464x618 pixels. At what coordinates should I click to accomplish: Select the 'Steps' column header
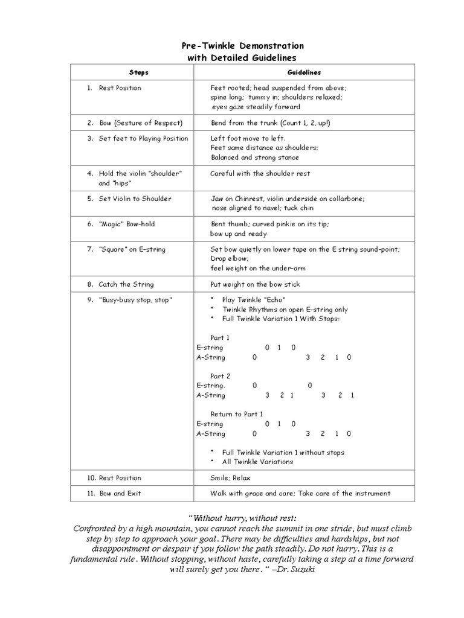pyautogui.click(x=138, y=72)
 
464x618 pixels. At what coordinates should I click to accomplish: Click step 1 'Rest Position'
pyautogui.click(x=120, y=88)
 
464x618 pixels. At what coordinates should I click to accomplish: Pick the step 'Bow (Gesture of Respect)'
pyautogui.click(x=141, y=123)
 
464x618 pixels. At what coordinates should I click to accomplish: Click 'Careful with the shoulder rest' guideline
pyautogui.click(x=260, y=174)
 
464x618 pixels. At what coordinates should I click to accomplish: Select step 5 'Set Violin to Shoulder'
pyautogui.click(x=135, y=199)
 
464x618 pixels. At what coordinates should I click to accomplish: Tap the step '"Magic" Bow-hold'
pyautogui.click(x=127, y=224)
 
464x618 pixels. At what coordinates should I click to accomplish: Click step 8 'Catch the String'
pyautogui.click(x=126, y=284)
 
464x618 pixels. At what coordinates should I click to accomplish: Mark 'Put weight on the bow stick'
pyautogui.click(x=255, y=284)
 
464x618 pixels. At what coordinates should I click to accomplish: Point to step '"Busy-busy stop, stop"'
pyautogui.click(x=135, y=300)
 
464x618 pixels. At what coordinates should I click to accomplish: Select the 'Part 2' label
pyautogui.click(x=221, y=376)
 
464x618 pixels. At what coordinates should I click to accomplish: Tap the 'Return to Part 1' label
pyautogui.click(x=236, y=414)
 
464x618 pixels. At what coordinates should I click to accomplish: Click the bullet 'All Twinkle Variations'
pyautogui.click(x=257, y=462)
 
